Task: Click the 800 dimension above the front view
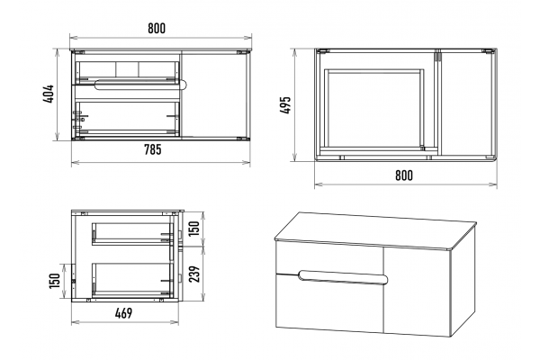157,28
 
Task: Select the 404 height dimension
49,94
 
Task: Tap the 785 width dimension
153,149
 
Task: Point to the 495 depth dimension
285,105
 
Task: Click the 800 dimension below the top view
404,175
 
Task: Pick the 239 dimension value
194,274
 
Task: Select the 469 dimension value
123,313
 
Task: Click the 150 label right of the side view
194,229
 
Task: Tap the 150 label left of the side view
55,281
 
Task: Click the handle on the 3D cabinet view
344,278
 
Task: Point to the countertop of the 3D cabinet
375,229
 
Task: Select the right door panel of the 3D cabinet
417,291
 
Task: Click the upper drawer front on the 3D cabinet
329,256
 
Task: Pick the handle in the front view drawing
140,85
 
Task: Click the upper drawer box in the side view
132,234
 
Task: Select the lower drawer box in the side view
132,280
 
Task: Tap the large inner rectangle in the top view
374,109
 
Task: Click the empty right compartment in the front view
213,95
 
